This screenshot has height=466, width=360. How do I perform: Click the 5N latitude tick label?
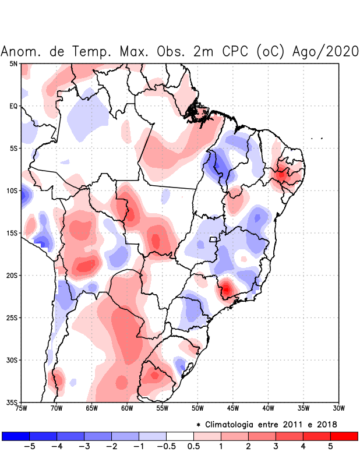pos(13,63)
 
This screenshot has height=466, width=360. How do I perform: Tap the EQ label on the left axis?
pos(13,106)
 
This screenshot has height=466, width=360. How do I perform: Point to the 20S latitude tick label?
pos(12,276)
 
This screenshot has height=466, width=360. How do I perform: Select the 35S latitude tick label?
pos(12,403)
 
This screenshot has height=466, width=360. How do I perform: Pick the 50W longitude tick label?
pos(197,409)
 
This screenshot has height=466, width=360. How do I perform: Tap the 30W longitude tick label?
pos(338,409)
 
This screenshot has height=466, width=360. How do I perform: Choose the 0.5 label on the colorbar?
pos(193,447)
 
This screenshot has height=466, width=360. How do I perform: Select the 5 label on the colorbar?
pos(330,447)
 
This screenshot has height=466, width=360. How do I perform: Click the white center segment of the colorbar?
pos(180,436)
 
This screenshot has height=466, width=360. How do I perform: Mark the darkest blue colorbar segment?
pos(16,436)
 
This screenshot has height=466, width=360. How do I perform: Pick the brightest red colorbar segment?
pos(344,436)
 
